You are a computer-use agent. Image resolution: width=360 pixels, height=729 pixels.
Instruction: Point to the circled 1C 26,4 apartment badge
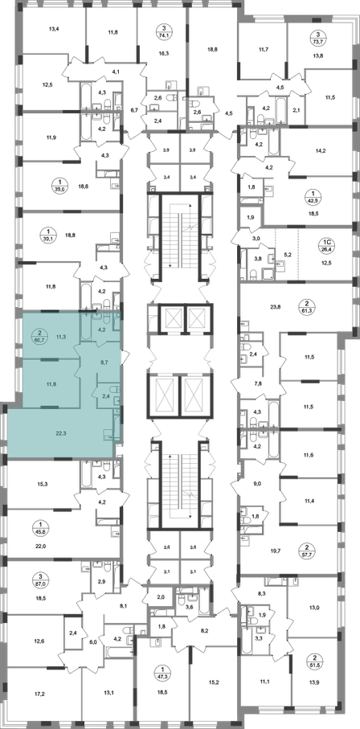(x=327, y=244)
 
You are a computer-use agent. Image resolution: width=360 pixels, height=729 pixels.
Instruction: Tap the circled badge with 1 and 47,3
(x=163, y=674)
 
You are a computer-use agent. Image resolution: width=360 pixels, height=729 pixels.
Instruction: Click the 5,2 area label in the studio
(x=287, y=255)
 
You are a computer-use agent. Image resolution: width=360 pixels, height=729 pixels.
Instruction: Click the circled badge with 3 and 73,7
(x=318, y=37)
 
